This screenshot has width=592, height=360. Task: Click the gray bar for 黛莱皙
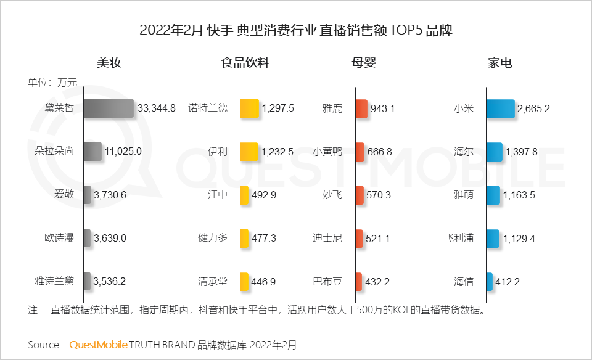click(108, 108)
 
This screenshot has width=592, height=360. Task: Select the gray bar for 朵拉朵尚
click(92, 152)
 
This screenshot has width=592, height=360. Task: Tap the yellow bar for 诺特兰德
click(249, 108)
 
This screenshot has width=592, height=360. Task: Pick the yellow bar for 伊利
click(249, 152)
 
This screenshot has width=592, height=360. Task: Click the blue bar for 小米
click(500, 108)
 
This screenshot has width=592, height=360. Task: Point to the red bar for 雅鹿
click(361, 108)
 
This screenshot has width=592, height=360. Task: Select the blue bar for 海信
click(489, 282)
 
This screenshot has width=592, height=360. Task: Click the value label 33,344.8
click(157, 108)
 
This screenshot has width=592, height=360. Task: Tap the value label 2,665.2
click(534, 108)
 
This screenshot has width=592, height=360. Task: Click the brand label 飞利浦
click(459, 238)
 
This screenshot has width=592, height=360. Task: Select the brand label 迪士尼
click(327, 238)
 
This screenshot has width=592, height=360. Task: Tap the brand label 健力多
click(213, 238)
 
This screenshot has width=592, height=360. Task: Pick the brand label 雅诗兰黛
click(54, 282)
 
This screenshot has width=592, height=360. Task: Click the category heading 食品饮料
click(245, 63)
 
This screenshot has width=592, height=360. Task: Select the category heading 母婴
click(364, 63)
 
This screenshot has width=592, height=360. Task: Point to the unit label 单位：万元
click(52, 82)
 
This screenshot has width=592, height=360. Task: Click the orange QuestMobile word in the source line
click(99, 344)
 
